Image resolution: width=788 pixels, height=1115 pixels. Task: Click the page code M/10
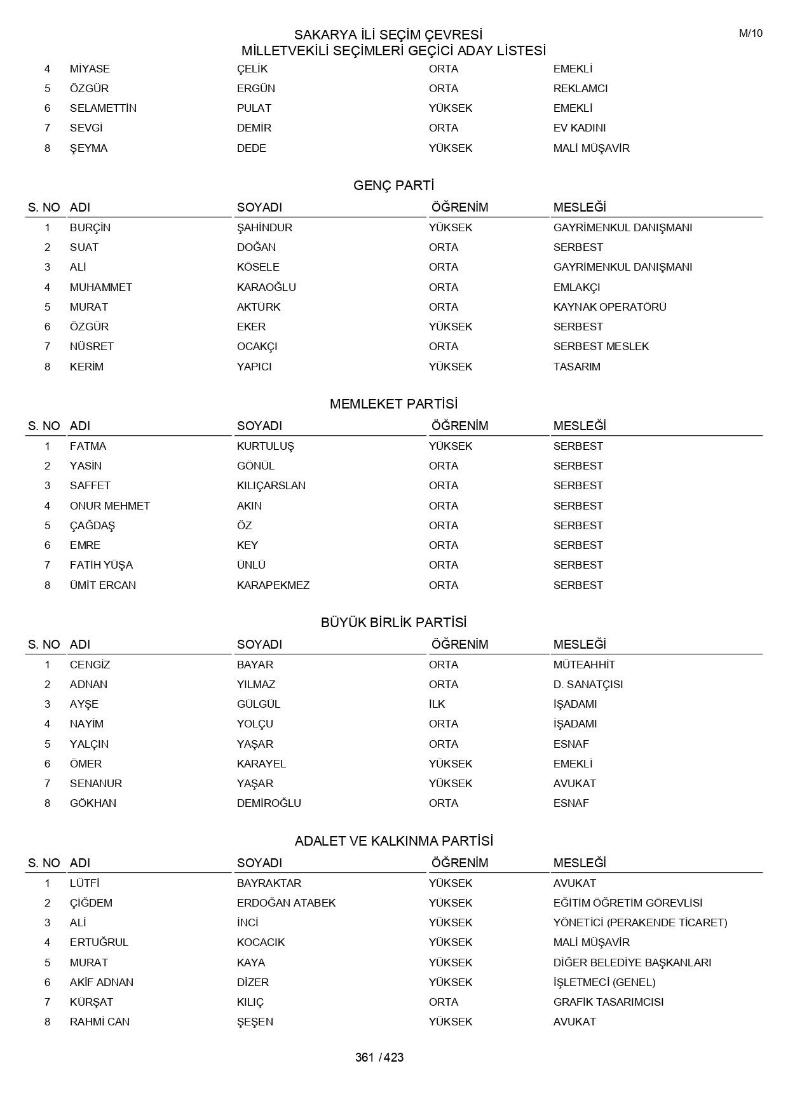point(751,34)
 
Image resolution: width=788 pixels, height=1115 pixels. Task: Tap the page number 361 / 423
point(379,1057)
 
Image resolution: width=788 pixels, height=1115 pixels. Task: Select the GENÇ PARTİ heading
point(393,186)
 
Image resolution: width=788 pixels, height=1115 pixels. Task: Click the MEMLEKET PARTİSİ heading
point(393,404)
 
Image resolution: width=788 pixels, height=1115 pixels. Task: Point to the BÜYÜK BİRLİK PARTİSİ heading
point(393,623)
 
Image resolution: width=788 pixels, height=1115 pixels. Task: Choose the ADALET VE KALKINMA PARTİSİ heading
point(393,841)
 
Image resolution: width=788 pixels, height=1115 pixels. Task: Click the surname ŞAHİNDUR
point(264,227)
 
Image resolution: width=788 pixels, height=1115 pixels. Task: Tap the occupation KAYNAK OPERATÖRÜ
point(609,307)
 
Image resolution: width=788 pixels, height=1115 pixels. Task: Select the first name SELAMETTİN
point(103,108)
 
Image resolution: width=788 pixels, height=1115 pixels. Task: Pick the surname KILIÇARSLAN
point(271,485)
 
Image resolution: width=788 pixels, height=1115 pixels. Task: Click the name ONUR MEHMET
point(110,506)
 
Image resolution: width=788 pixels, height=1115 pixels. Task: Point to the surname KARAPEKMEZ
point(273,585)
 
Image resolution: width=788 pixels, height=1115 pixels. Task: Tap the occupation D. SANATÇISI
point(588,684)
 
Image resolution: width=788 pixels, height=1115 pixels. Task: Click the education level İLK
point(437,704)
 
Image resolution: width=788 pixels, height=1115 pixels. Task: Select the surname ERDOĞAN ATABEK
point(286,903)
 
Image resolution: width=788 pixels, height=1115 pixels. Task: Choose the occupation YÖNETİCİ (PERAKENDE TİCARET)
point(640,922)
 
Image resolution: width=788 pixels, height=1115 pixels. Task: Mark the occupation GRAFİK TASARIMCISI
point(608,1002)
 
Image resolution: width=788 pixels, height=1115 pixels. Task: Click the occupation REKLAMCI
point(580,88)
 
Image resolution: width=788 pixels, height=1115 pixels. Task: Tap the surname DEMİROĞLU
point(269,803)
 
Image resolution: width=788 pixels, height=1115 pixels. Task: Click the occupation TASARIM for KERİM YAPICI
point(576,367)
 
